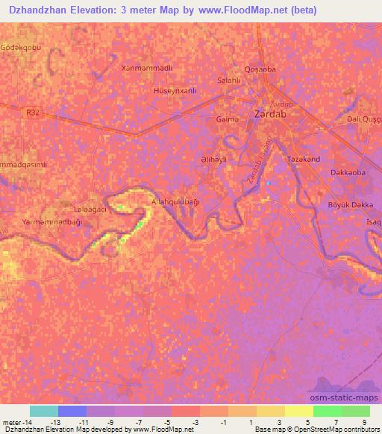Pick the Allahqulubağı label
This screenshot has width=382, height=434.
176,201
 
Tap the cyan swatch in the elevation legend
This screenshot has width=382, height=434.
44,411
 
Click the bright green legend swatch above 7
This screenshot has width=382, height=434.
328,411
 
